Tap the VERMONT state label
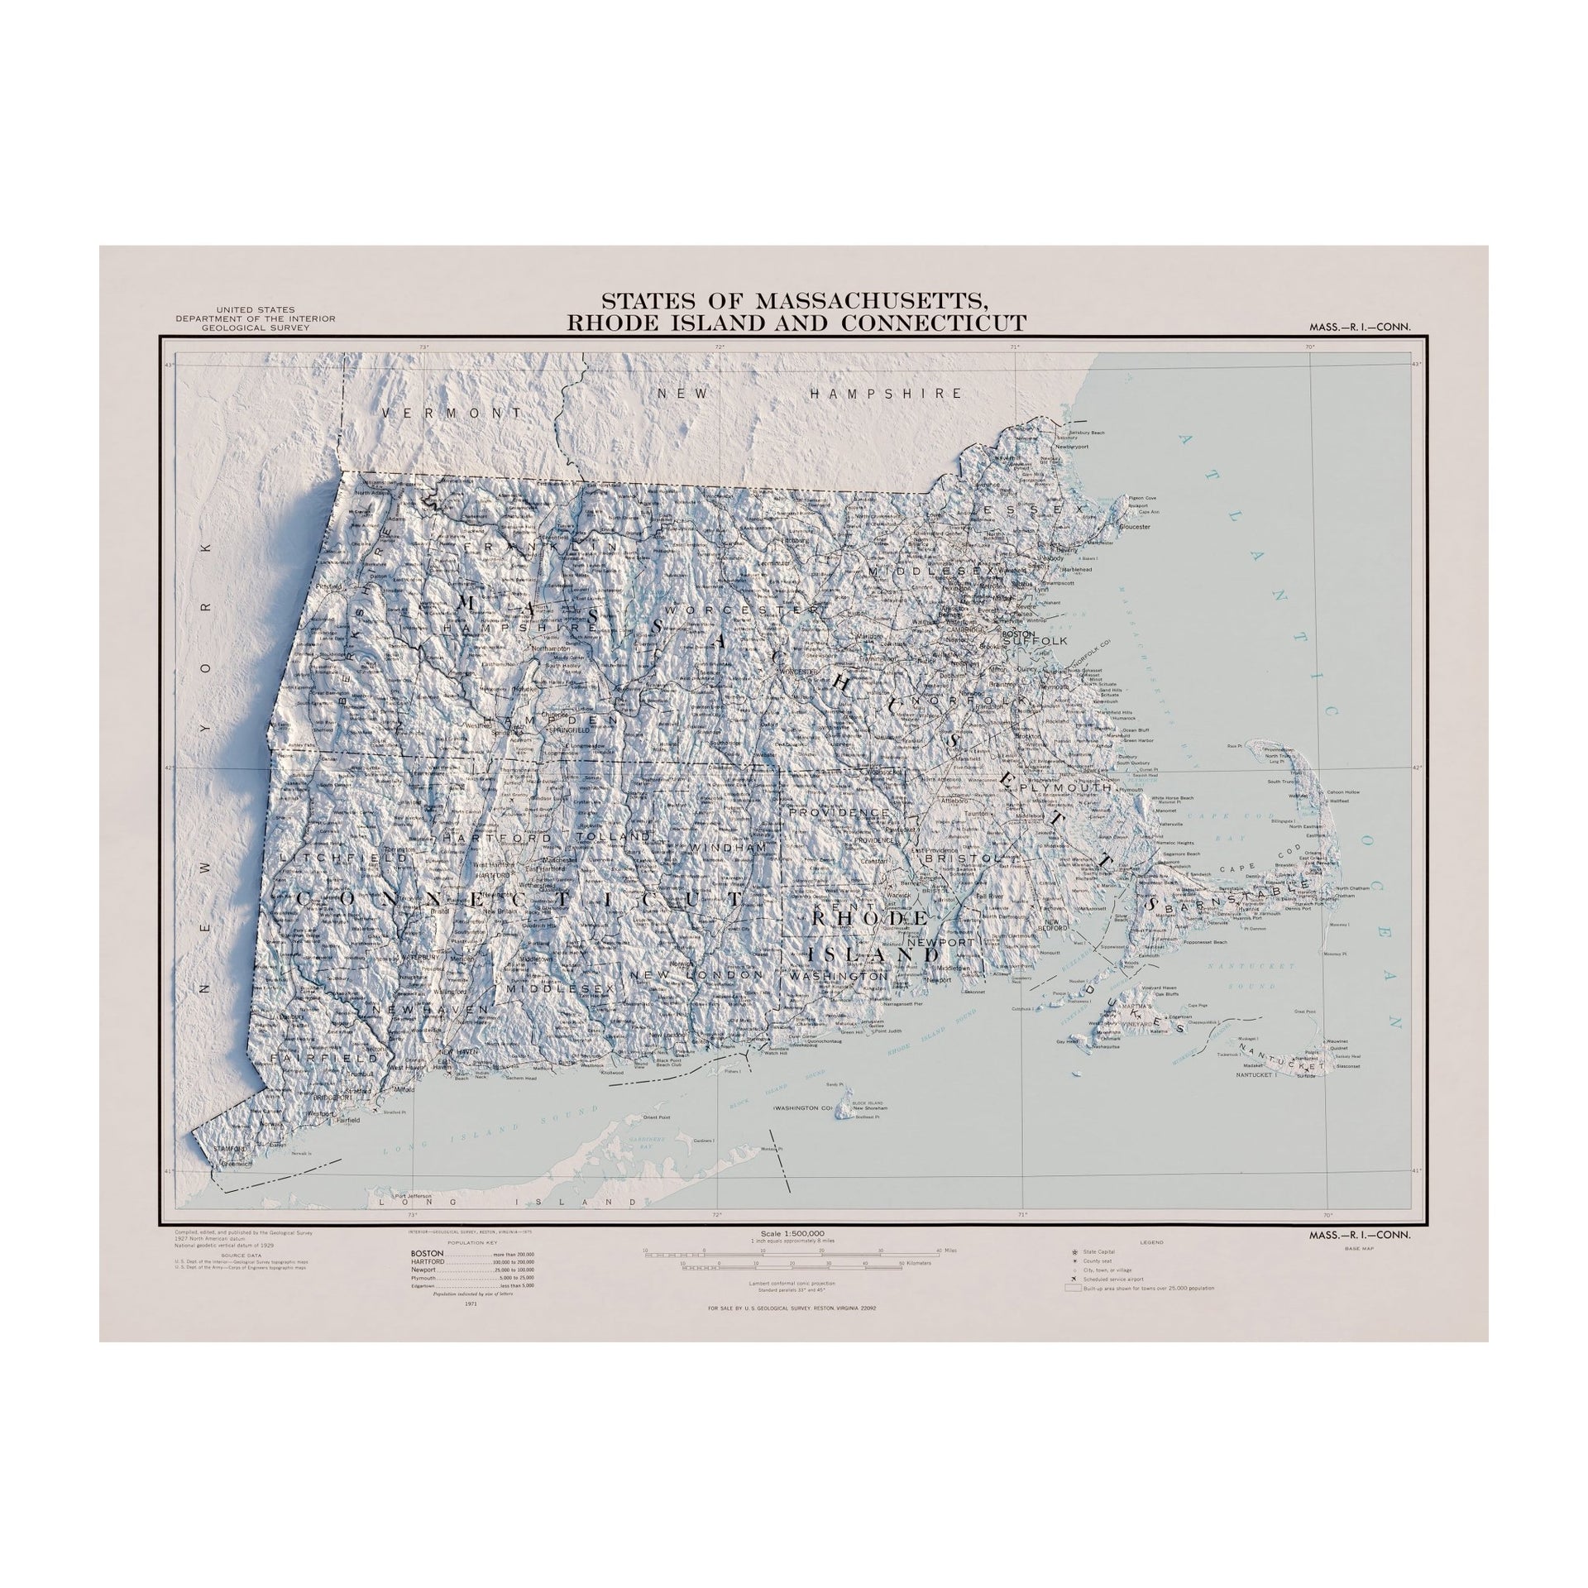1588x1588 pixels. tap(452, 412)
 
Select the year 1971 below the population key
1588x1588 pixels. tap(472, 1326)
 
